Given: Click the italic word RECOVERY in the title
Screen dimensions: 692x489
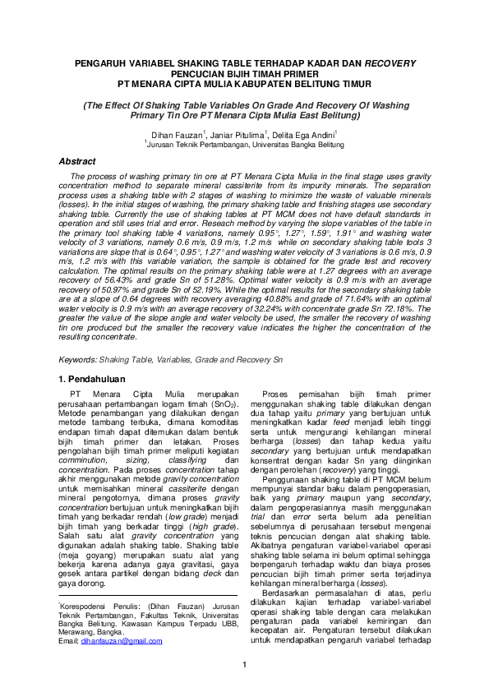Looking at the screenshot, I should pos(390,62).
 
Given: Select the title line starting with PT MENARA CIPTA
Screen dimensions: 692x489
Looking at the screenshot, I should pos(244,83).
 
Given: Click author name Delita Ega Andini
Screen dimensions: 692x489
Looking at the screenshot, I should pos(307,132).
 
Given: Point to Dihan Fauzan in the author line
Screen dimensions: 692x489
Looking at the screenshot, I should pos(177,132).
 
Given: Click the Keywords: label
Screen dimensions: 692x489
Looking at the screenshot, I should pos(79,360).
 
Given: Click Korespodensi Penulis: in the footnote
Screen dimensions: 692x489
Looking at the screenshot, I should pos(95,604).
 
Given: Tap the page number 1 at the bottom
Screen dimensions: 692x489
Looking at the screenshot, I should pos(244,665).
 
